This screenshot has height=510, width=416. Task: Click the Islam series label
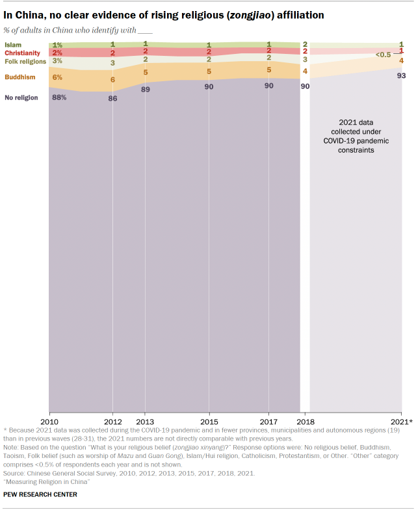pos(13,45)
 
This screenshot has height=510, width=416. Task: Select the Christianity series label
pos(22,53)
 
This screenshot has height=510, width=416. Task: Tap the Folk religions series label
pos(25,61)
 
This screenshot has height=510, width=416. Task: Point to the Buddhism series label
pos(19,77)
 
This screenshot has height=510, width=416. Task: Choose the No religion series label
pos(21,97)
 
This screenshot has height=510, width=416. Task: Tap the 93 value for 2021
pos(401,76)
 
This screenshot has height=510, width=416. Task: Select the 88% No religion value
pos(59,97)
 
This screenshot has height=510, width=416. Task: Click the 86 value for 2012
pos(113,99)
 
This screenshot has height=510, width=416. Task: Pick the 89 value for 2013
pos(145,90)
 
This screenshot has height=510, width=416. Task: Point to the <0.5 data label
pos(383,55)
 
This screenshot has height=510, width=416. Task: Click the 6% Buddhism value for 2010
pos(57,77)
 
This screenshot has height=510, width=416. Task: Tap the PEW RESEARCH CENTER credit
pos(40,494)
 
